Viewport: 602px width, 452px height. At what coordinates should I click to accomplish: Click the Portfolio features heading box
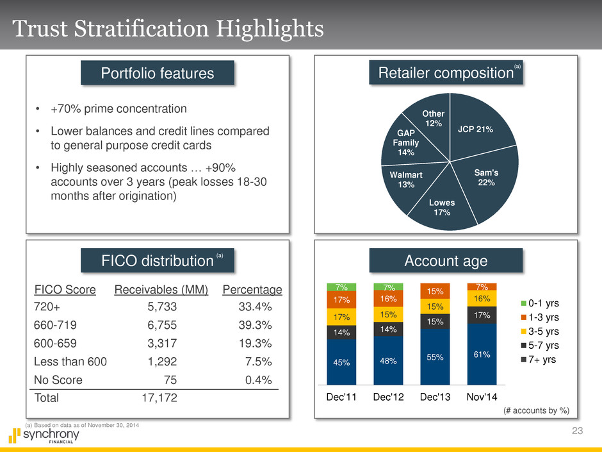pos(158,74)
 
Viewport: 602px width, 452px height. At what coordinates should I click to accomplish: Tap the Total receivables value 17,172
pos(159,398)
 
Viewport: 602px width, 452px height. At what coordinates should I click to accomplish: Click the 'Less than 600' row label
pos(70,361)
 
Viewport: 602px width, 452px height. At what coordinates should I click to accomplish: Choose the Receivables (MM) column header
pos(161,289)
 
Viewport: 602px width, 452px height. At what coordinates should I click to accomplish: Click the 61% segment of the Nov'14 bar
pos(482,354)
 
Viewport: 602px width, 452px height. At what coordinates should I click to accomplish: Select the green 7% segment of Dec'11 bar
pos(341,287)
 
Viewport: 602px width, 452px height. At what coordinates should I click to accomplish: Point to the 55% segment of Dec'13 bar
pos(435,356)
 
